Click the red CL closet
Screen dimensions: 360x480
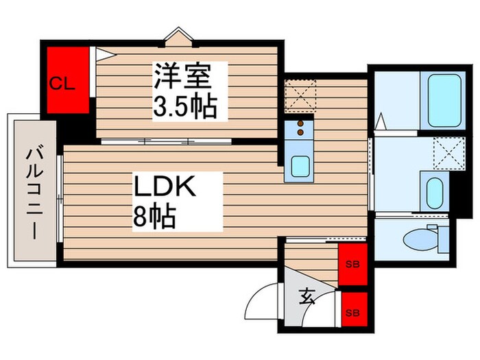coord(68,80)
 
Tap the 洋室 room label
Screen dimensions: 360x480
coord(181,75)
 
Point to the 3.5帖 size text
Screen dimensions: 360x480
coord(184,106)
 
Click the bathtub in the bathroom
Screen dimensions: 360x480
coord(444,100)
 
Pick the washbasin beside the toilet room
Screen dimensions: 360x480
coord(433,193)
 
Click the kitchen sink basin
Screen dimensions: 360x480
coord(300,166)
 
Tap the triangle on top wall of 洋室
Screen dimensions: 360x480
coord(178,34)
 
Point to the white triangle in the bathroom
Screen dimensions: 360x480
coord(381,123)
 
